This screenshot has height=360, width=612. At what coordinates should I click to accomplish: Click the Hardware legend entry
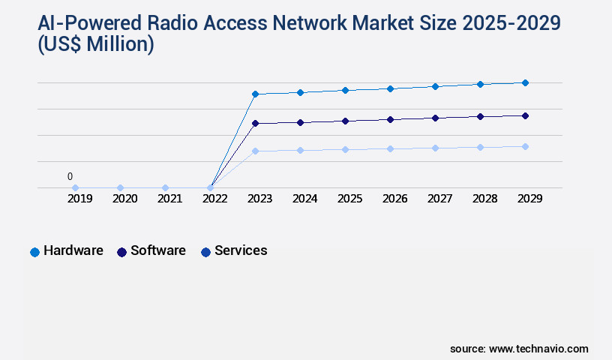67,251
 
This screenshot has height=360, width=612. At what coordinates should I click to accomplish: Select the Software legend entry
151,251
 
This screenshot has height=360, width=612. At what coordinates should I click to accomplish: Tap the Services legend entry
234,251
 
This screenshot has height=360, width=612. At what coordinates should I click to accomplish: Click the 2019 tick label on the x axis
80,199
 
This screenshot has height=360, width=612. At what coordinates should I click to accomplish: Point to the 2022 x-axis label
215,199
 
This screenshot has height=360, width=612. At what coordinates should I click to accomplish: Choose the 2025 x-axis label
350,199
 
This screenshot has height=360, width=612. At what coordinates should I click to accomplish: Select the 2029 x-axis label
530,199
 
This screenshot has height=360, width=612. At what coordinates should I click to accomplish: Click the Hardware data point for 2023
255,94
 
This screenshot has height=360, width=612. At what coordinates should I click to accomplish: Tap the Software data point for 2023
255,123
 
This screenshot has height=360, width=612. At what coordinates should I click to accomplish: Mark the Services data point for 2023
255,151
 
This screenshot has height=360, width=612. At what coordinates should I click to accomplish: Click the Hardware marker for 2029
525,82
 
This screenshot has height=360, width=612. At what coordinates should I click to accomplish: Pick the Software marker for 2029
525,115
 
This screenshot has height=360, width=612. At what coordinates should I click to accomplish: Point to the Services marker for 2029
525,146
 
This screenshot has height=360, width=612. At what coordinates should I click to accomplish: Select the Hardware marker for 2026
390,88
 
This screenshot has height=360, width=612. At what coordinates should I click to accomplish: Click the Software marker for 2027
435,118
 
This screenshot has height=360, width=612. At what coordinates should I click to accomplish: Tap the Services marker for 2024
300,150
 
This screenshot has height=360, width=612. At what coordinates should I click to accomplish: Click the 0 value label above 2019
70,177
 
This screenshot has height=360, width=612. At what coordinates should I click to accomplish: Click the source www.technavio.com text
519,349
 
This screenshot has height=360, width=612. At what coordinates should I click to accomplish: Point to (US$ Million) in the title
95,46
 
